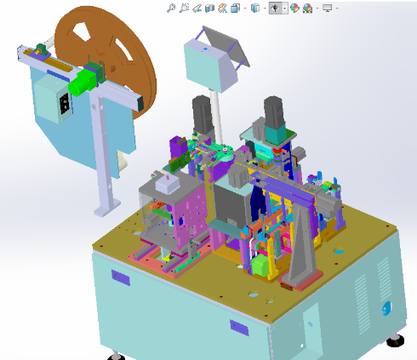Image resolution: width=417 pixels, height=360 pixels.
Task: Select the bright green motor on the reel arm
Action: (83, 82)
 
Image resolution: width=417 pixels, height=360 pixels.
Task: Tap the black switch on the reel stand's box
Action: (62, 104)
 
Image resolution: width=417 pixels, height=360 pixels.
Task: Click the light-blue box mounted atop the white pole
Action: (208, 65)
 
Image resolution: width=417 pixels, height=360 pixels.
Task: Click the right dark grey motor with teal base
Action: (274, 115)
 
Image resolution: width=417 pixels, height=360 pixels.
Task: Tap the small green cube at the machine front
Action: (258, 266)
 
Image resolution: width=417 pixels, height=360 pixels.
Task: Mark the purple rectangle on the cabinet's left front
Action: (120, 277)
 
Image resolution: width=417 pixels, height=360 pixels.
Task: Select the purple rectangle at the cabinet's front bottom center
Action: (239, 326)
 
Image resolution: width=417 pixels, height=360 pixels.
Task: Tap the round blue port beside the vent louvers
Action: (387, 306)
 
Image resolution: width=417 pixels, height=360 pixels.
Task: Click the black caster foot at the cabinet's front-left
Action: (114, 354)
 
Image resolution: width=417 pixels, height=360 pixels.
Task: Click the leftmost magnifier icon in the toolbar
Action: (171, 8)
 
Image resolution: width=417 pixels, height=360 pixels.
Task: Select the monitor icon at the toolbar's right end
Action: (327, 8)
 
